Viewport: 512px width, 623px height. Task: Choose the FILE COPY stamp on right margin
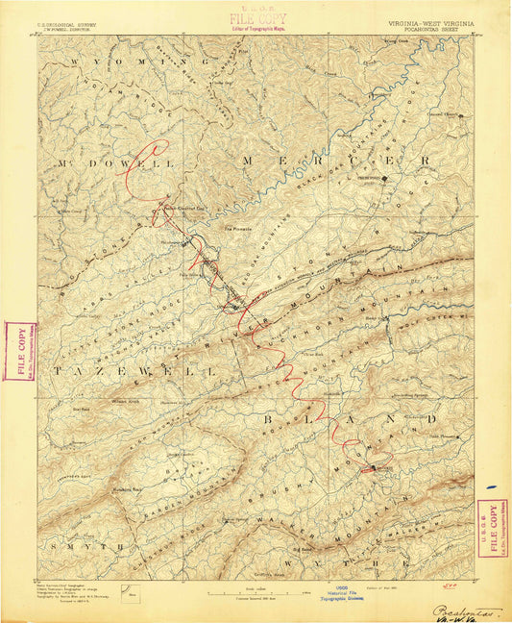(x=493, y=527)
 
